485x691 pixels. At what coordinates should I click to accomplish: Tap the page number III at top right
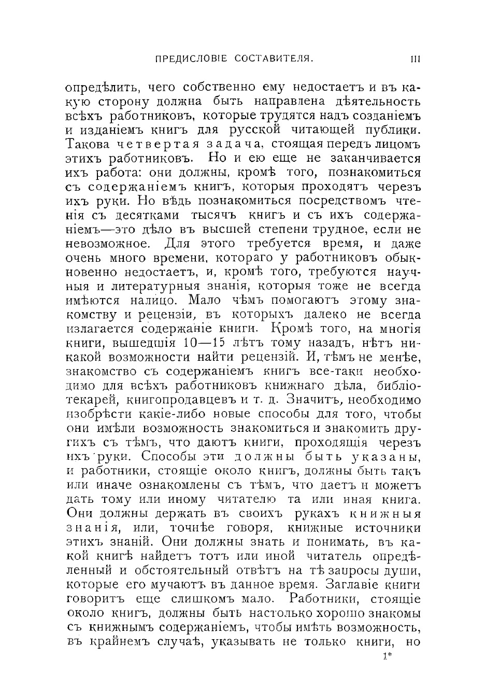[x=415, y=59]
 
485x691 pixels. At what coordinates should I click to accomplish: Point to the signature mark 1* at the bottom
[x=387, y=656]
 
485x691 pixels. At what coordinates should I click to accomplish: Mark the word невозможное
[x=109, y=244]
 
